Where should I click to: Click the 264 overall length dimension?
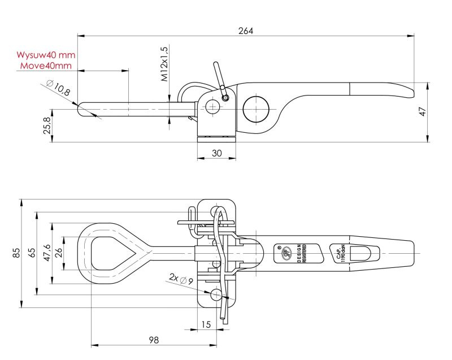[246, 31]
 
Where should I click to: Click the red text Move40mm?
[46, 66]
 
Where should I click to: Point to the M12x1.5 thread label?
[165, 64]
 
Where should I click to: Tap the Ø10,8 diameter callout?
[58, 88]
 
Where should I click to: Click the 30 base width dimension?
[216, 152]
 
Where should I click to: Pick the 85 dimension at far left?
[18, 253]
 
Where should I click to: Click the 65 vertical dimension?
[33, 253]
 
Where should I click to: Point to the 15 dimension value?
[206, 324]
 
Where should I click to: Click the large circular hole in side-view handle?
[257, 108]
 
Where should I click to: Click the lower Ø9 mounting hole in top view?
[217, 295]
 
